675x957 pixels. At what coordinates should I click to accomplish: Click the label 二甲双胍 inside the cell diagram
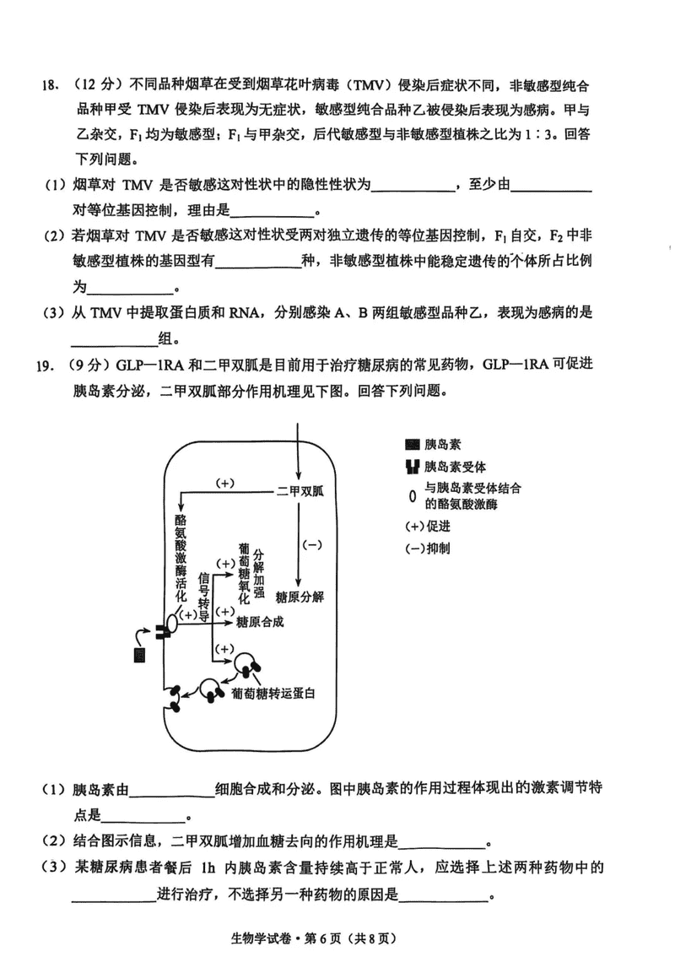(300, 491)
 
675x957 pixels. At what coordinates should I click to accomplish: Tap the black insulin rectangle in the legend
(413, 445)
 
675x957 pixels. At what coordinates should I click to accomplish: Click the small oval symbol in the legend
(413, 497)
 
